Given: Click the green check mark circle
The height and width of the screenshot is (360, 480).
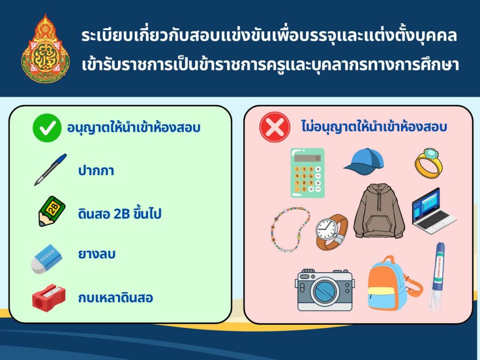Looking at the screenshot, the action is click(x=47, y=128).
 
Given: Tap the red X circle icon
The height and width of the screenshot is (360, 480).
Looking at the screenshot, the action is click(x=275, y=127).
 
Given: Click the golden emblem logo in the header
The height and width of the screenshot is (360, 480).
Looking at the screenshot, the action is click(x=45, y=48).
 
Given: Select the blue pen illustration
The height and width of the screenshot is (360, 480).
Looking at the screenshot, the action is click(x=50, y=170).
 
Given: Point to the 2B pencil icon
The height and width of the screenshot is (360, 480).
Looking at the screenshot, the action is click(x=52, y=211).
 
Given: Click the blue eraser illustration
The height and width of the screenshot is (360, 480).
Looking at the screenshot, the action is click(x=46, y=259).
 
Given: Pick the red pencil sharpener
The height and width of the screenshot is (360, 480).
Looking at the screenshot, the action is click(x=49, y=298).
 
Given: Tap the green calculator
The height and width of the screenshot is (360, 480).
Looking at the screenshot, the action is click(x=307, y=172).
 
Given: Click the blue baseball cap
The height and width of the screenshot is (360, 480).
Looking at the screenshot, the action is click(x=364, y=162).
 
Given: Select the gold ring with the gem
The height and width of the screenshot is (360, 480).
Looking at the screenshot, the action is click(x=428, y=162).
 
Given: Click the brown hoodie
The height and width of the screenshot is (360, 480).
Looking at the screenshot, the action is click(x=379, y=211).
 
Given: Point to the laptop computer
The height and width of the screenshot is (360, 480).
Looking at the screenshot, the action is click(x=434, y=211).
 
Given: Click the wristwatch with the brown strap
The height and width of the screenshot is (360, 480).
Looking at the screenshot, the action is click(x=331, y=232).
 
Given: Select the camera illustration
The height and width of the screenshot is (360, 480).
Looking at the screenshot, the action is click(x=324, y=290).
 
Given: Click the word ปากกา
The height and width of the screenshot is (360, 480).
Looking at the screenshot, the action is click(x=96, y=171).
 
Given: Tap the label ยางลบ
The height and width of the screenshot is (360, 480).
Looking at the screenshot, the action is click(x=97, y=254).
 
